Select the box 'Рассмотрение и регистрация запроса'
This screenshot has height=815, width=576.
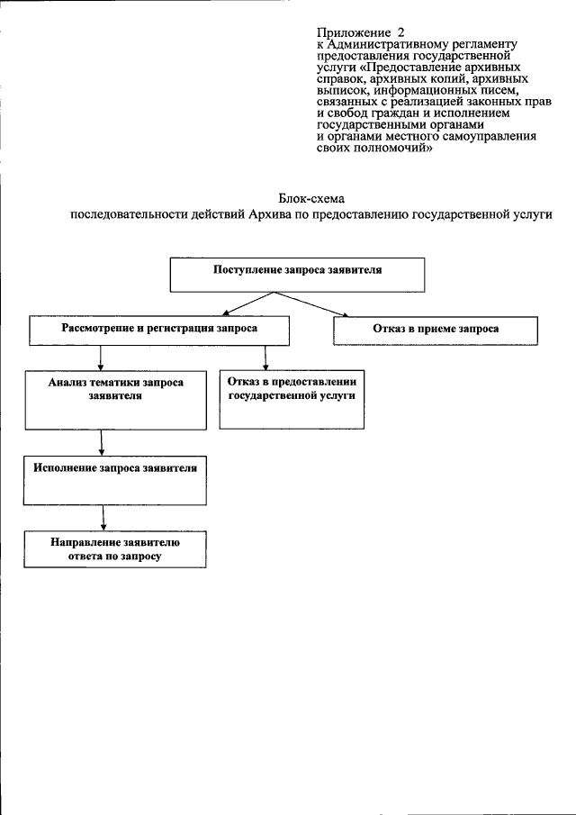[x=158, y=330]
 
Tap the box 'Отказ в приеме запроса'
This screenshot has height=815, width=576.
[x=436, y=330]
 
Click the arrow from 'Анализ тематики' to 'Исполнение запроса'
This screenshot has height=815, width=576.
[x=104, y=442]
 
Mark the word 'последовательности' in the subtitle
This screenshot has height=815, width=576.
[x=125, y=215]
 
